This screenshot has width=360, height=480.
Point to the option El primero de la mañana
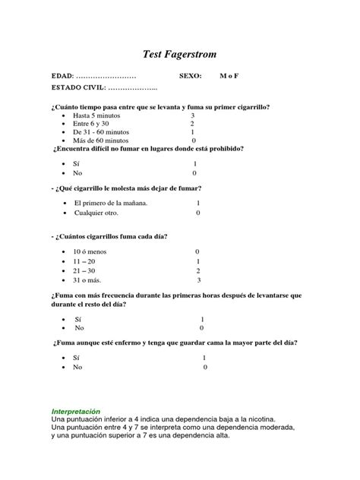110,204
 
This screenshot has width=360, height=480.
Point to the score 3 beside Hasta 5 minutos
193,115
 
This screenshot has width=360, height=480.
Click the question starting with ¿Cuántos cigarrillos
109,236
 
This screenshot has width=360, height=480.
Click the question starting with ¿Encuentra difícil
147,149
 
